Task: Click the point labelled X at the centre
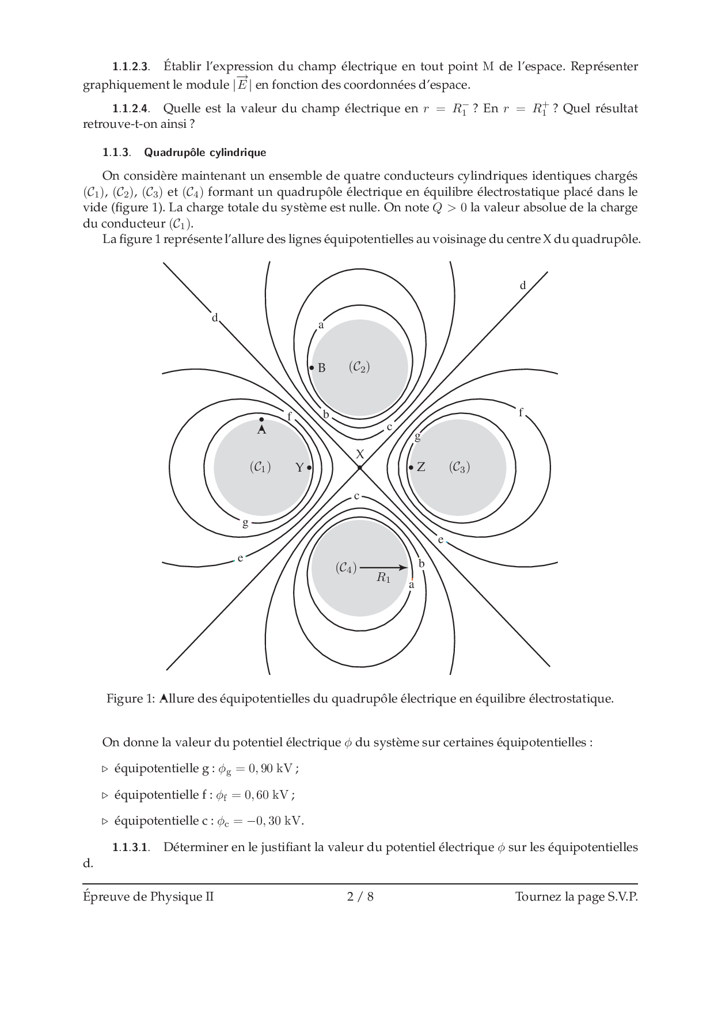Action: click(x=359, y=468)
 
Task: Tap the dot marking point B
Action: click(x=312, y=367)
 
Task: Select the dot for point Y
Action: click(x=309, y=468)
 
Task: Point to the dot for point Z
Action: click(x=411, y=468)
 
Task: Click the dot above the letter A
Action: click(x=261, y=420)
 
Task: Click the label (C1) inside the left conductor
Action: click(x=260, y=467)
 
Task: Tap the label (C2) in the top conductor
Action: click(x=359, y=367)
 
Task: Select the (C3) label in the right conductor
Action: click(x=459, y=467)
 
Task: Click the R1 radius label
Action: click(x=383, y=578)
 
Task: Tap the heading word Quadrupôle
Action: click(x=172, y=153)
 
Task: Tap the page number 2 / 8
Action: click(x=360, y=897)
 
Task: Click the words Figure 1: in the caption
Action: click(x=131, y=699)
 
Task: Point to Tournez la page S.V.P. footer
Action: click(x=576, y=897)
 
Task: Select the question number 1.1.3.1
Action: click(x=131, y=847)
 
